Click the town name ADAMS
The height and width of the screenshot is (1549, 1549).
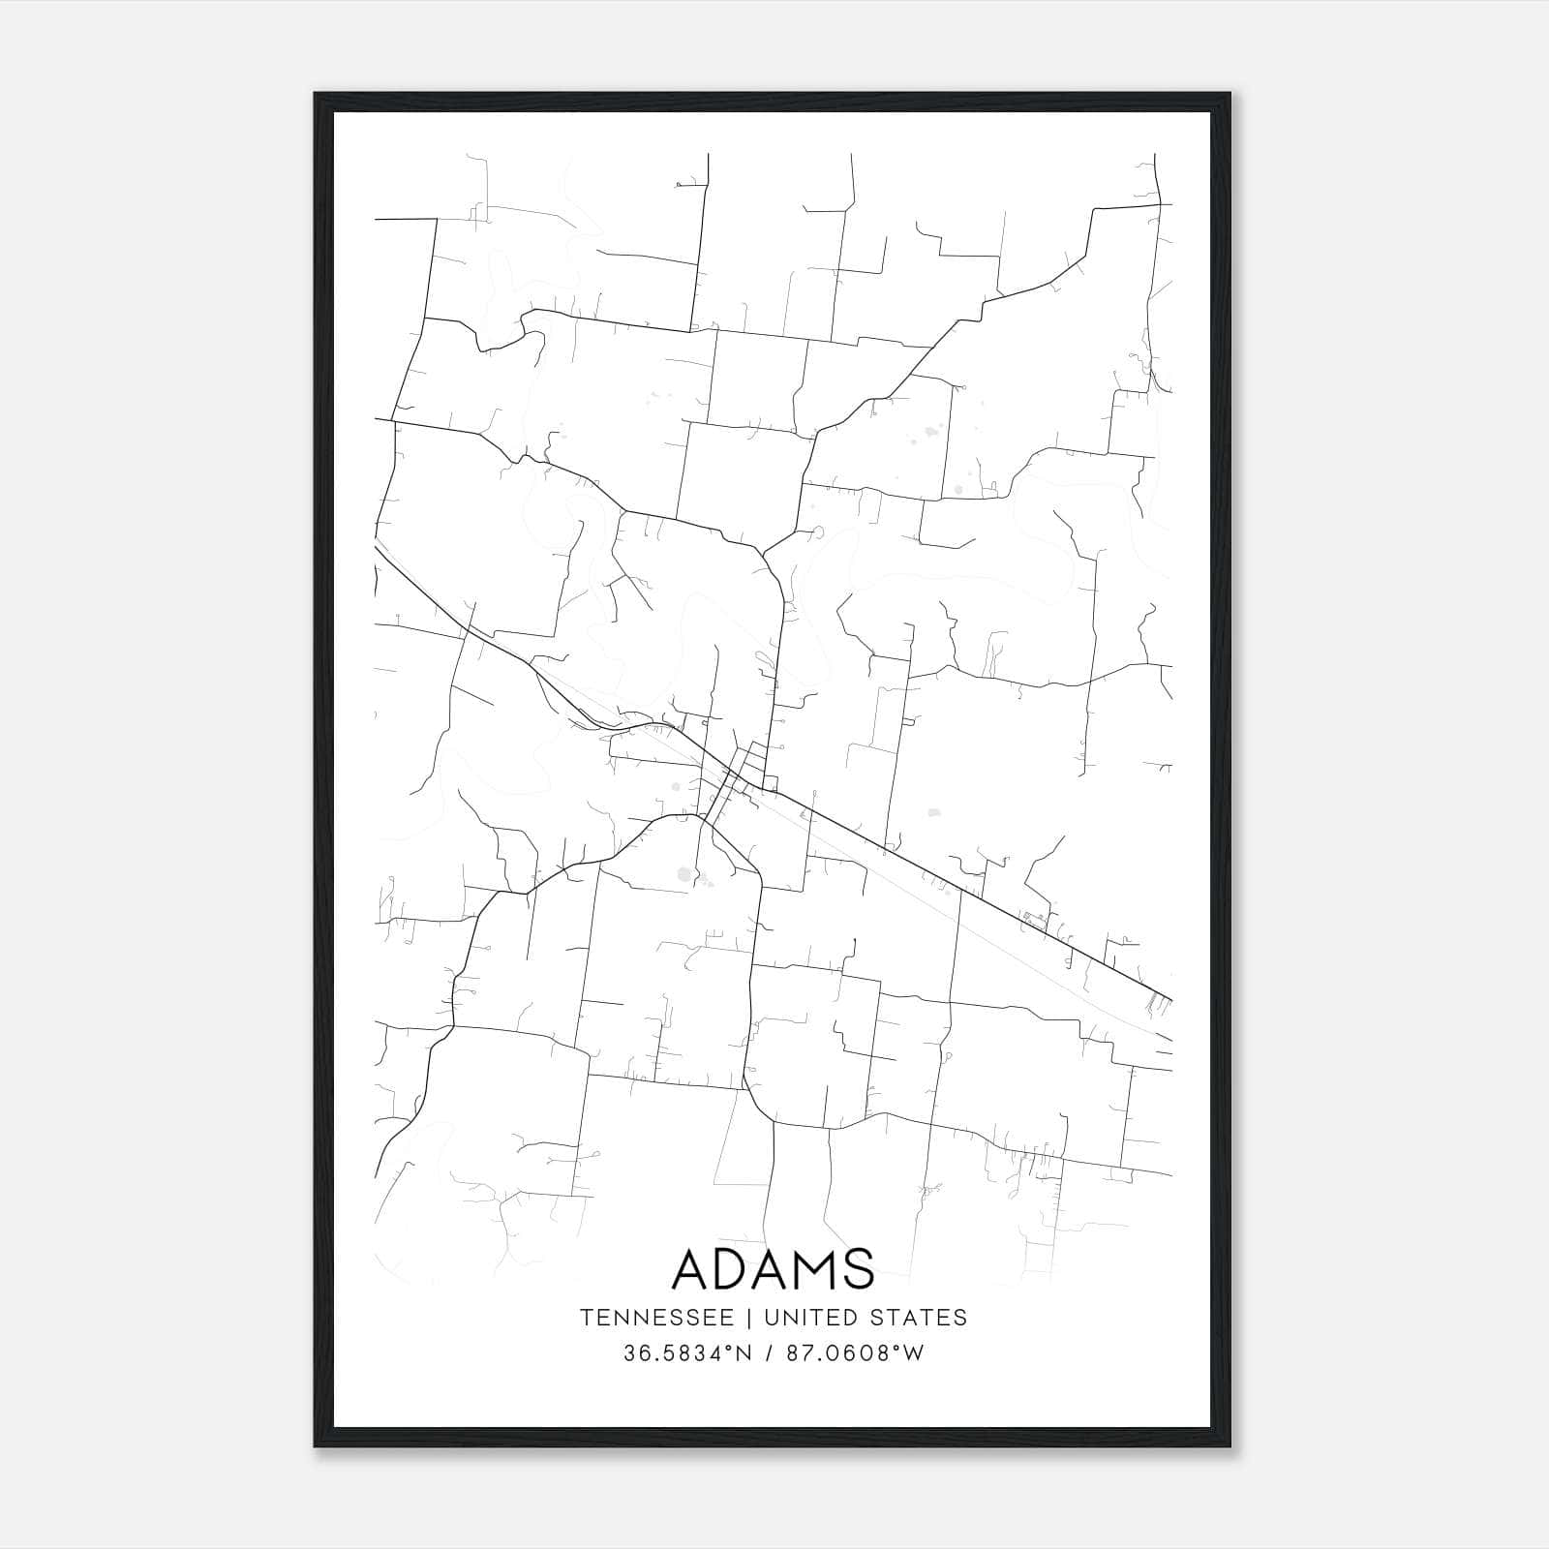pos(773,1268)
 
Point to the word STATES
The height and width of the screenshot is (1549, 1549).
pos(920,1318)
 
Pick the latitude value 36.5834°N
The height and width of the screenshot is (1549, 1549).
pos(687,1353)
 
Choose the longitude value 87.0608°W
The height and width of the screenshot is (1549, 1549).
pos(855,1353)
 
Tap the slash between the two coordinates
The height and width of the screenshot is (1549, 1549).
pos(771,1353)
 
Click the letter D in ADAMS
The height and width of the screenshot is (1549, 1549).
pos(743,1268)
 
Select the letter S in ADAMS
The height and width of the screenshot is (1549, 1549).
pos(858,1268)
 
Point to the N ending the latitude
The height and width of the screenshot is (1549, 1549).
pos(744,1353)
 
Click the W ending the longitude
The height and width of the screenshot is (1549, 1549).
pos(914,1353)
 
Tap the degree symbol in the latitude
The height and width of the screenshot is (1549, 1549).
pos(731,1348)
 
